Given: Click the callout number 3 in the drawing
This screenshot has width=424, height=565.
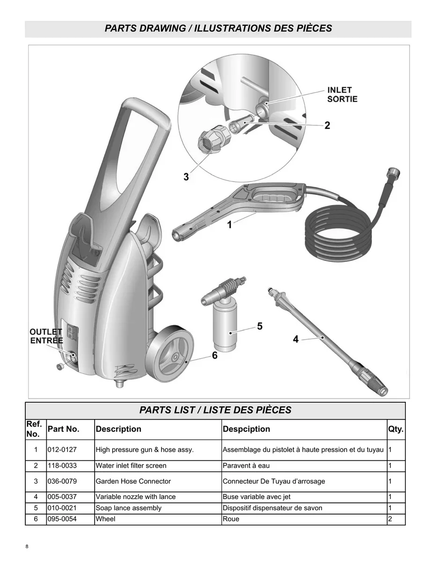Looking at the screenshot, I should click(x=186, y=177).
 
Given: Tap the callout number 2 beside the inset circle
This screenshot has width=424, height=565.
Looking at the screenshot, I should click(x=327, y=125).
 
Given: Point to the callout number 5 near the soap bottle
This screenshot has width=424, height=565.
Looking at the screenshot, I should click(x=260, y=326).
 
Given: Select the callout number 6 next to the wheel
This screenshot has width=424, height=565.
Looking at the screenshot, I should click(x=214, y=355).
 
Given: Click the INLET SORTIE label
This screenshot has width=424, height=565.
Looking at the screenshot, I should click(x=342, y=94).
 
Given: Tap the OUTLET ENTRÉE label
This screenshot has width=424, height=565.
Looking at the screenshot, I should click(x=46, y=336).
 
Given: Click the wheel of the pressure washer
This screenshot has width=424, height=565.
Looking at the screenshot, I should click(x=169, y=356).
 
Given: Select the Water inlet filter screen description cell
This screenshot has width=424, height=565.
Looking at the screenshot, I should click(x=131, y=466).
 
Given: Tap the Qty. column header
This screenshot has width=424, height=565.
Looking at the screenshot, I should click(x=395, y=429).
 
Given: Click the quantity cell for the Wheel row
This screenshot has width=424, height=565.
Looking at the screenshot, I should click(x=390, y=519).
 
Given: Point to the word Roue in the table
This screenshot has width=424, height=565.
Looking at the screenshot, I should click(x=231, y=519).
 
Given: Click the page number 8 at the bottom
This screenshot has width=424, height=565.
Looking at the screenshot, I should click(x=27, y=547).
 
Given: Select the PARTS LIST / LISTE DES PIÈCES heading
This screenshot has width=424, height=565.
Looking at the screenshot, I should click(x=215, y=410).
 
